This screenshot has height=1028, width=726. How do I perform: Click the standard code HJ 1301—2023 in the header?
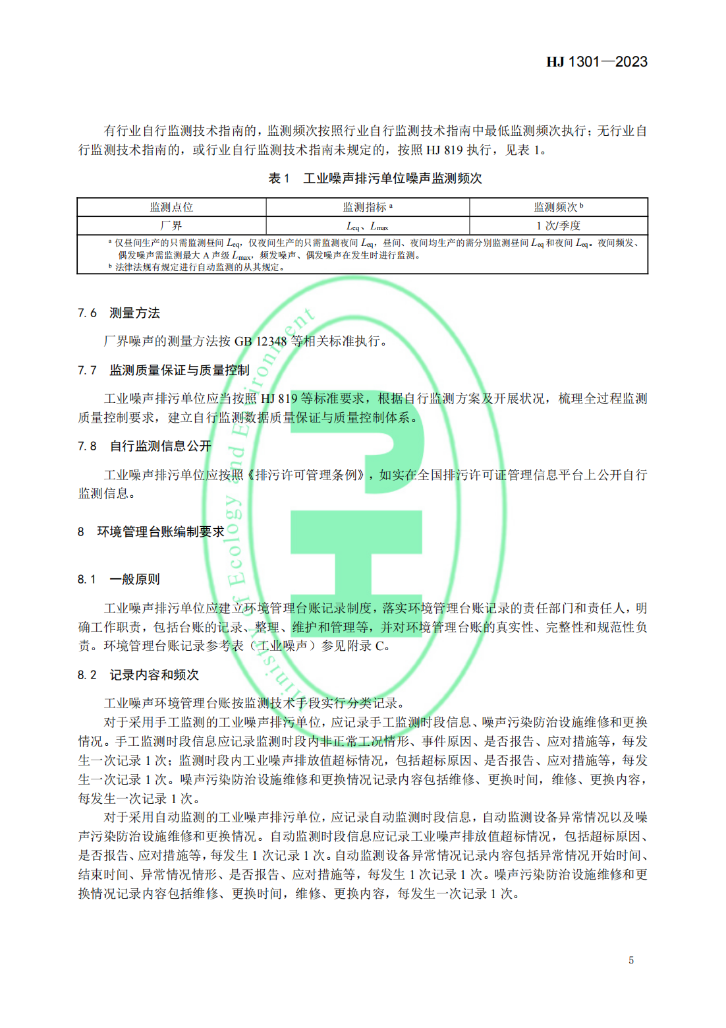(596, 62)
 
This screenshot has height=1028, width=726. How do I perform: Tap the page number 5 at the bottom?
(630, 960)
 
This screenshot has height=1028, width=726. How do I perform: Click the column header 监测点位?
(171, 207)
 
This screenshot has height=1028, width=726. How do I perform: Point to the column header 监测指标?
(367, 207)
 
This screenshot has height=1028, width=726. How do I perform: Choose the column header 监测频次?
(558, 207)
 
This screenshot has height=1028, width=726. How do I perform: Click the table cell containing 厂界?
(171, 226)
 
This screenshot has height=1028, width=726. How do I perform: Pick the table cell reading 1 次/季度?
(558, 226)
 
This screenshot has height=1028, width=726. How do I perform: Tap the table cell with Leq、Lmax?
(367, 226)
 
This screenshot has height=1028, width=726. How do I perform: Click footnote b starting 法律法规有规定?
(198, 267)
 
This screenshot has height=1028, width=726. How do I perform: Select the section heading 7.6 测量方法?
(119, 313)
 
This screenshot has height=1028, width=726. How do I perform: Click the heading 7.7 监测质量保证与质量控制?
(163, 370)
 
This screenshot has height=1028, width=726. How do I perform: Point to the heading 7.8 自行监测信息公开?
(144, 446)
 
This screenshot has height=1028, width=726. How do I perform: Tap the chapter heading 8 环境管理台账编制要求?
(151, 531)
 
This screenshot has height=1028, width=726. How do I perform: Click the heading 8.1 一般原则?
(119, 579)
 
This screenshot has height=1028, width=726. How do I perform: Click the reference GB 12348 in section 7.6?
(260, 341)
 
